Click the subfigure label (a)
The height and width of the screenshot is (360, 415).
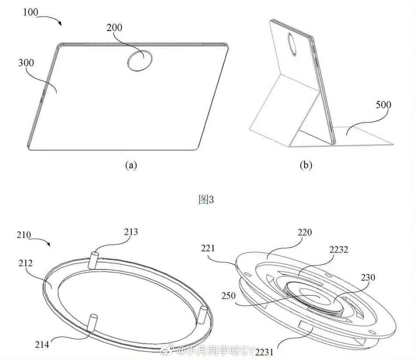131,165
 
